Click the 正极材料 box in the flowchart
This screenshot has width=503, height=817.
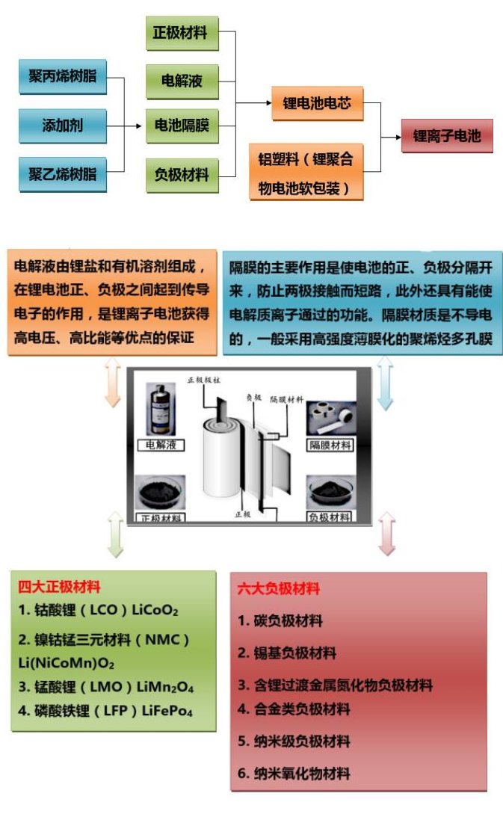click(180, 33)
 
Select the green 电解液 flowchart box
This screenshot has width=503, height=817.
click(180, 80)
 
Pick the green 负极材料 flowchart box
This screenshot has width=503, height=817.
click(180, 175)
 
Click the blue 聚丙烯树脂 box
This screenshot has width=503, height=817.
click(63, 76)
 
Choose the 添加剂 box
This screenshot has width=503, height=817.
click(63, 125)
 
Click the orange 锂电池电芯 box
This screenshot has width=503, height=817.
click(317, 102)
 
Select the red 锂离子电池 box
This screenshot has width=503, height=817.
click(447, 137)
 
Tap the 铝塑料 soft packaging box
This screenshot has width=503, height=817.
click(306, 173)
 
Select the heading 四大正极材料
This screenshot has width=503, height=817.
click(59, 588)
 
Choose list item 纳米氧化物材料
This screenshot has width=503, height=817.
click(294, 773)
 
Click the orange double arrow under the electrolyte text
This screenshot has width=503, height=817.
click(112, 382)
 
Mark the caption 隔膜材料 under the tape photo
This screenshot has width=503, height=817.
click(330, 446)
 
